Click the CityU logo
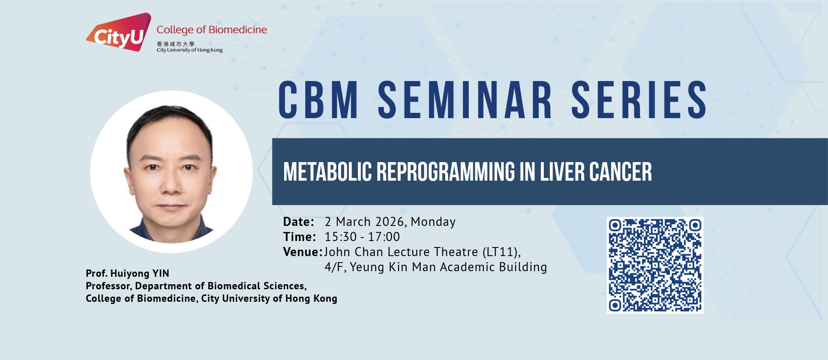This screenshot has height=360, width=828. pos(119,32)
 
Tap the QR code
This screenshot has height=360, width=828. pos(655,265)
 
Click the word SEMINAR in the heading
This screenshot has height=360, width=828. pos(465,100)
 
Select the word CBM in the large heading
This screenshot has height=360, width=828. pos(318,100)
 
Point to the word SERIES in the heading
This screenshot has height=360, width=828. pos(639,100)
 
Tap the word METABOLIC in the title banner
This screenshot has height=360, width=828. pos(327,172)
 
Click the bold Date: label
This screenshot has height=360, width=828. pos(298,222)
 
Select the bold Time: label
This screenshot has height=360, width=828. pos(299,237)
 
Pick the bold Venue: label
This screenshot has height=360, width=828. pos(303,252)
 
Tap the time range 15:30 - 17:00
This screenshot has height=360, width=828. pos(362,237)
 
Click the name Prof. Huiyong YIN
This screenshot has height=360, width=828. pos(127,273)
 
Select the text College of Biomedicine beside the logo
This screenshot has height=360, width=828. pos(212,30)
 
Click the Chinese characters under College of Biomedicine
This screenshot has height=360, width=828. pos(176,44)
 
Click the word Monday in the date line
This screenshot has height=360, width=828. pos(433,222)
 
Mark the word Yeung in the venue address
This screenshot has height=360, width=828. pos(367,267)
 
